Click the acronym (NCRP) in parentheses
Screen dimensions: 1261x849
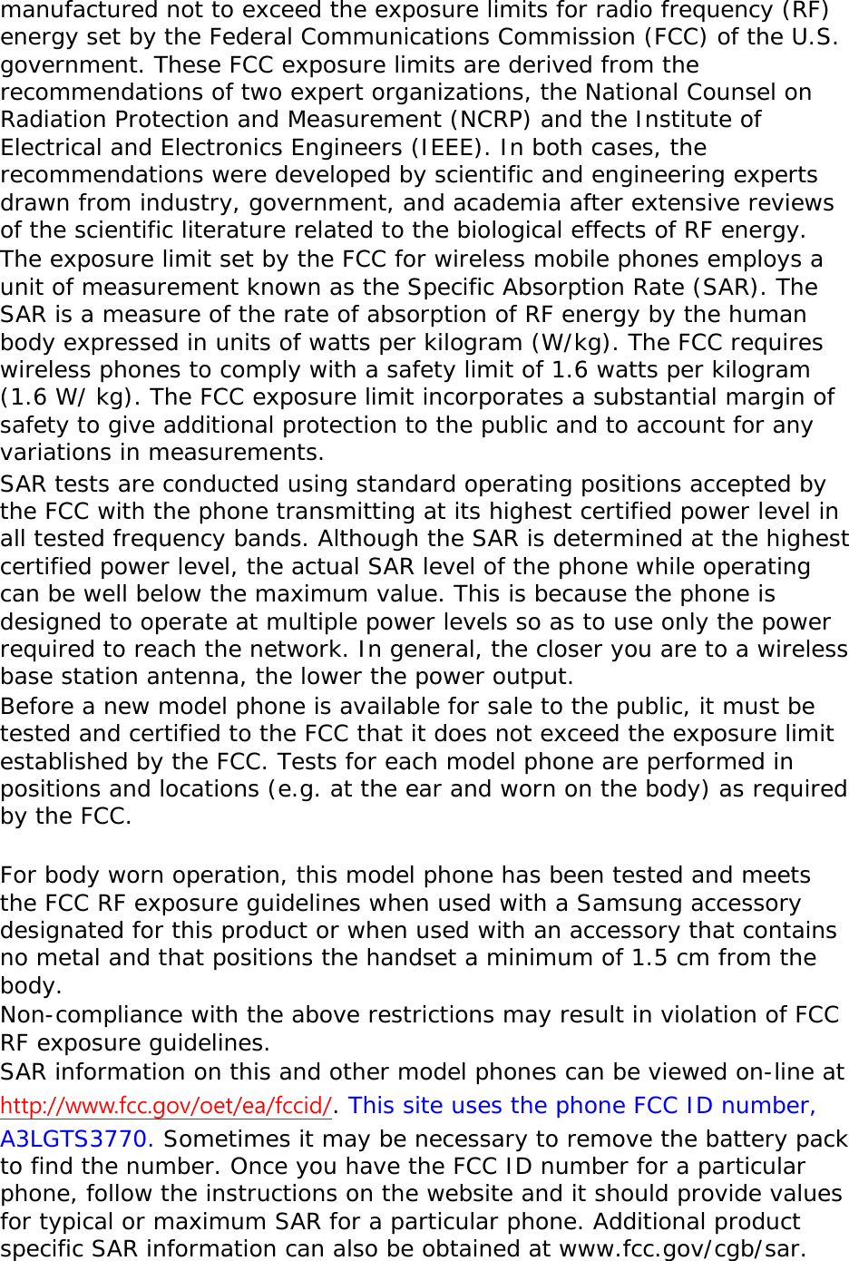pyautogui.click(x=489, y=120)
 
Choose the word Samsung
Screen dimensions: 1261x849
pyautogui.click(x=631, y=904)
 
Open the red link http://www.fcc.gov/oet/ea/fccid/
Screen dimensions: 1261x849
pyautogui.click(x=166, y=1106)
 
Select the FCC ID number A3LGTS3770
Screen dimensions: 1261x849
pyautogui.click(x=76, y=1139)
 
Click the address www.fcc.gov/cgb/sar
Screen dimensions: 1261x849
pyautogui.click(x=681, y=1249)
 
